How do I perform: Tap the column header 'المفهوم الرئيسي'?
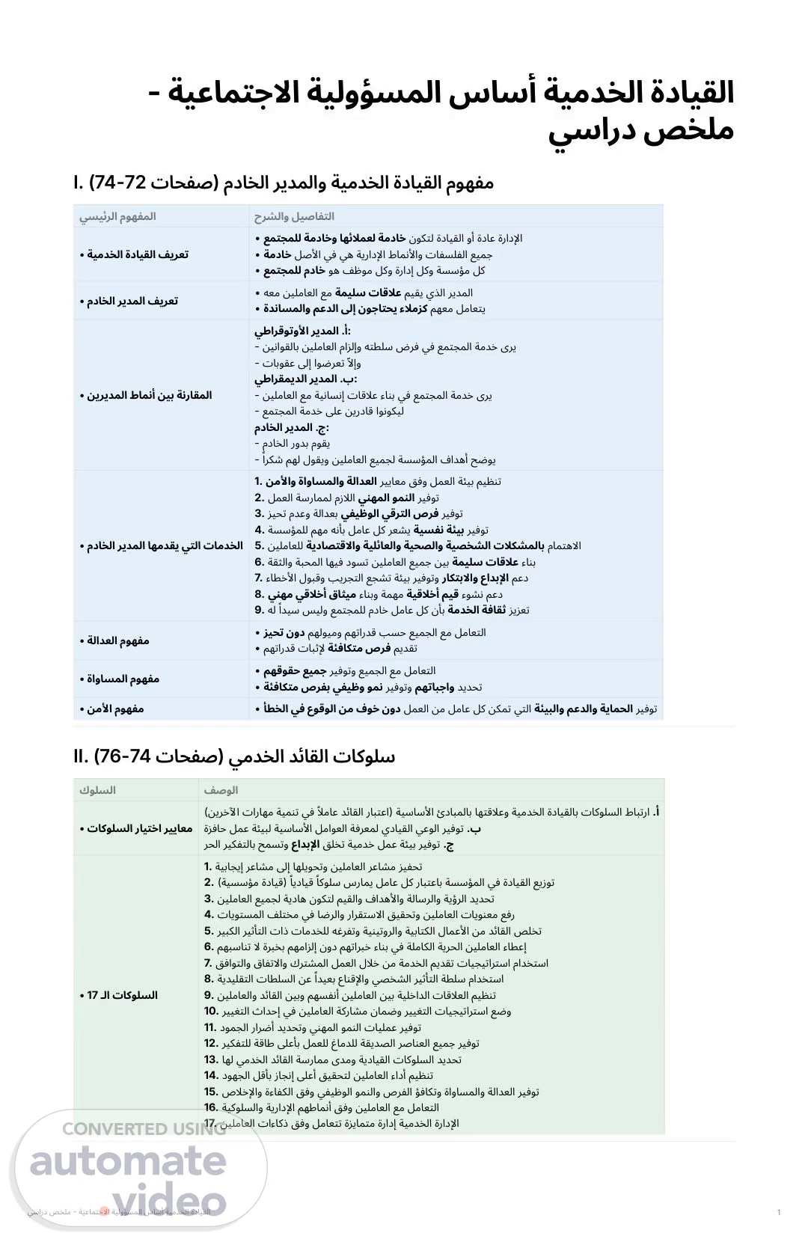(117, 216)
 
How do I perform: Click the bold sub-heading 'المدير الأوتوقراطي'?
(302, 331)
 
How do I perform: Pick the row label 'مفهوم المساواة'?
(120, 679)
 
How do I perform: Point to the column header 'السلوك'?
(97, 790)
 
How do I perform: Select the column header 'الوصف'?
(221, 790)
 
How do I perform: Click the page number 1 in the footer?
(779, 1212)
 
